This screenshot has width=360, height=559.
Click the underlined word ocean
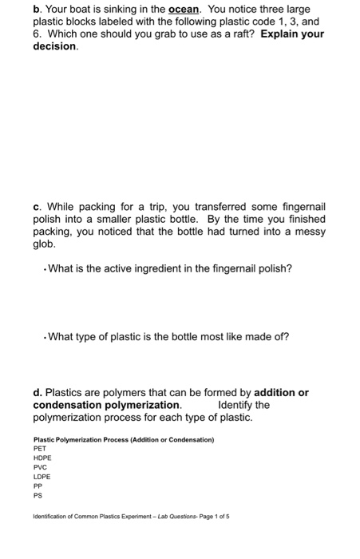[187, 10]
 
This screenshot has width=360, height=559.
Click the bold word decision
[55, 47]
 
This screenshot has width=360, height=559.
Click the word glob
[45, 246]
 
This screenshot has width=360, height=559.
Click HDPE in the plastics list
[43, 458]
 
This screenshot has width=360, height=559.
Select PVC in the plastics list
[41, 468]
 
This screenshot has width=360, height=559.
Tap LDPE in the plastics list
[42, 478]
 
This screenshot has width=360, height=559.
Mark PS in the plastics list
[38, 496]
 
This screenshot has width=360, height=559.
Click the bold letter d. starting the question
[38, 393]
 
